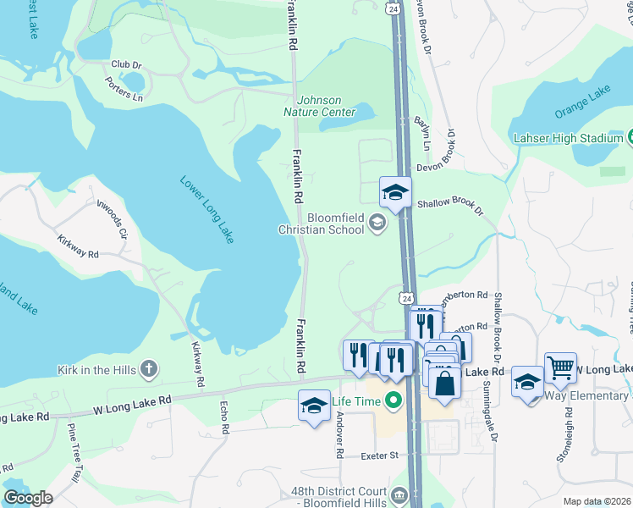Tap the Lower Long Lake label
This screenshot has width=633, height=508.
(206, 210)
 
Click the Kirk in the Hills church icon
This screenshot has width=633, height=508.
(148, 368)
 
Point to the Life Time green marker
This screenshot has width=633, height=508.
(393, 400)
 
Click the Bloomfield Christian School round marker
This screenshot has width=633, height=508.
(378, 224)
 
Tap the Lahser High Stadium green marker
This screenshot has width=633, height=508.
(630, 137)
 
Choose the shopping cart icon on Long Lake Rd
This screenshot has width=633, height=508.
(560, 367)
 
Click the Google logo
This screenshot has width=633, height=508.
(28, 498)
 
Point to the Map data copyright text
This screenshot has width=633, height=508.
(597, 501)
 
